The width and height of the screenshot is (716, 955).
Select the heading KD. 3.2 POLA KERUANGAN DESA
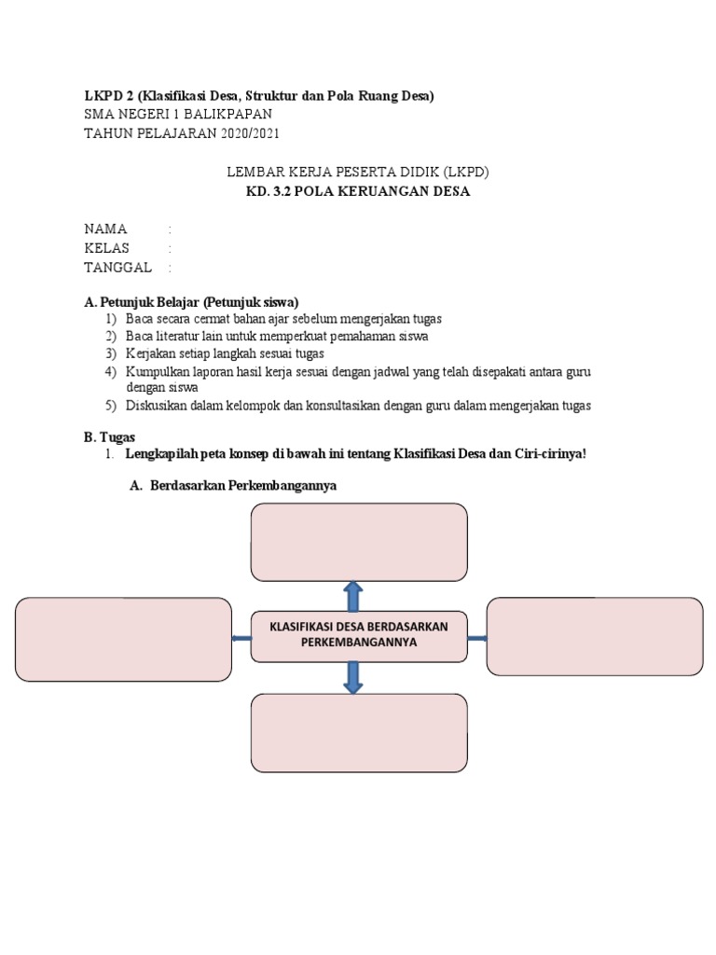pos(358,191)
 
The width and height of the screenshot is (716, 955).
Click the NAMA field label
pos(105,229)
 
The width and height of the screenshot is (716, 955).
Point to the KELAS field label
pos(107,248)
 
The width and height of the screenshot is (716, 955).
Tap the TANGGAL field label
pos(117,268)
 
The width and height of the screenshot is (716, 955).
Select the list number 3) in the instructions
pos(111,353)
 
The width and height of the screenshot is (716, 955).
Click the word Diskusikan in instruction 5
pos(156,406)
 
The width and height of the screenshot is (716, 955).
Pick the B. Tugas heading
pos(110,436)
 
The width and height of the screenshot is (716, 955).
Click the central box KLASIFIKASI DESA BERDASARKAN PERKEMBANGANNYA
pos(359,635)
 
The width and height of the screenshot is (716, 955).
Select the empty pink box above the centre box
pos(359,542)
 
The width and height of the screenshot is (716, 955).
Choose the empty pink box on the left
pos(123,640)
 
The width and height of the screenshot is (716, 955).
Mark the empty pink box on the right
pos(595,636)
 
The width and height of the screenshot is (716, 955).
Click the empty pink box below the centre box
pos(359,733)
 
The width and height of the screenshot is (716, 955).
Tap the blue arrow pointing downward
pos(353,677)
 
